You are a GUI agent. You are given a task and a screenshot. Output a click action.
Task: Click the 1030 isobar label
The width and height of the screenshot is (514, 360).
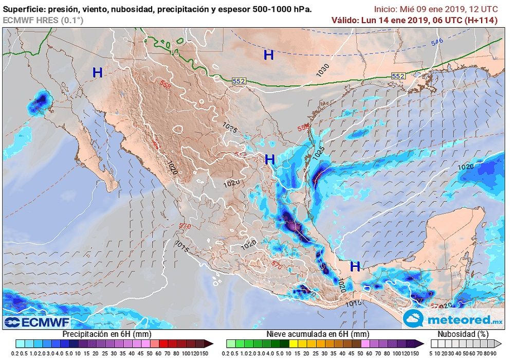(x=323, y=70)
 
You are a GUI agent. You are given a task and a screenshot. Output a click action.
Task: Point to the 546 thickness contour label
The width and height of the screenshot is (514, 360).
(x=437, y=42)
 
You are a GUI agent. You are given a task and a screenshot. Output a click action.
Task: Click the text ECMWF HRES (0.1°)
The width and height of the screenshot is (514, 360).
(x=43, y=20)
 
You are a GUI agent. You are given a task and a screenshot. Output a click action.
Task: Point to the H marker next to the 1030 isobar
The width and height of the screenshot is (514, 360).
(x=269, y=55)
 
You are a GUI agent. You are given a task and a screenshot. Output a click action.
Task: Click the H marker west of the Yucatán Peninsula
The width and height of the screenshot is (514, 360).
(x=355, y=266)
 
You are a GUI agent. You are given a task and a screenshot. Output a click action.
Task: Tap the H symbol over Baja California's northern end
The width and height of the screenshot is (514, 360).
(x=97, y=73)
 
